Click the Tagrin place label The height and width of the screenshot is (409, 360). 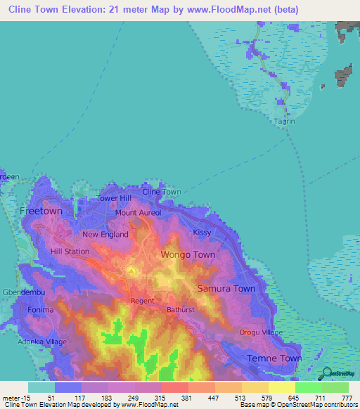pos(285,120)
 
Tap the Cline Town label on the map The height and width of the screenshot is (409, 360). pos(162,192)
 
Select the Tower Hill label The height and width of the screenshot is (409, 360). pos(114,199)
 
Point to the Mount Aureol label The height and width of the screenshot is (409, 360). pos(139,212)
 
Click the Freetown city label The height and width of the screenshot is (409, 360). pos(41,211)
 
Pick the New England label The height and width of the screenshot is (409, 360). pos(105,235)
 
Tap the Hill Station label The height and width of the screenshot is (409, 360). pos(70,251)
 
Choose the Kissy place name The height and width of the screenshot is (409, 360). pos(202,232)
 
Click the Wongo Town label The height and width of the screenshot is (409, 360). pos(188,254)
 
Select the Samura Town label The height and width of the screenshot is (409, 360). pos(226,289)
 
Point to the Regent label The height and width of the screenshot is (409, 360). pos(142,301)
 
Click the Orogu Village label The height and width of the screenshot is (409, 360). pos(261,332)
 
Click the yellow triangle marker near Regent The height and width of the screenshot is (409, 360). pos(131,270)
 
